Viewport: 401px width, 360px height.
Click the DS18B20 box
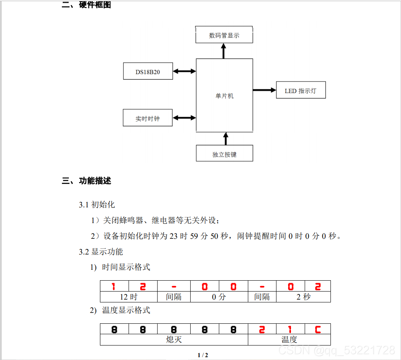click(x=148, y=72)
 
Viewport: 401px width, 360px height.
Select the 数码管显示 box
click(x=224, y=35)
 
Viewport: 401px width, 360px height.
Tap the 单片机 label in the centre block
click(x=224, y=96)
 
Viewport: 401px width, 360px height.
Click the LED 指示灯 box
click(x=300, y=91)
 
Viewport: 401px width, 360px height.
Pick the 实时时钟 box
click(x=148, y=118)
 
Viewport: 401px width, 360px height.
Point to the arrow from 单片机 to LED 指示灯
click(x=264, y=90)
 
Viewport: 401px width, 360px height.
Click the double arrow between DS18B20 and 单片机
click(x=184, y=71)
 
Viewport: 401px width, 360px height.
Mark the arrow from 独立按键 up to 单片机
click(x=225, y=138)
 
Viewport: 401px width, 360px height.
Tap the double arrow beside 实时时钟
click(x=184, y=118)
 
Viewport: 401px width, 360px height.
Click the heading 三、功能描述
click(x=87, y=181)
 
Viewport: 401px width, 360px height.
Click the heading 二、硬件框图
click(x=87, y=5)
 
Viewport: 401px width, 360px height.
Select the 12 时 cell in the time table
click(x=129, y=297)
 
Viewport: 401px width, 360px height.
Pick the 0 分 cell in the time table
click(x=219, y=297)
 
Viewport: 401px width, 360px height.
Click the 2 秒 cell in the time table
click(x=303, y=297)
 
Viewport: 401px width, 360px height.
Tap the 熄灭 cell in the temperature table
click(x=174, y=340)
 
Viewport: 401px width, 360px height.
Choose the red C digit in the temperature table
click(x=318, y=329)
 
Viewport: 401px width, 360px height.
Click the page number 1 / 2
click(x=203, y=355)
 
